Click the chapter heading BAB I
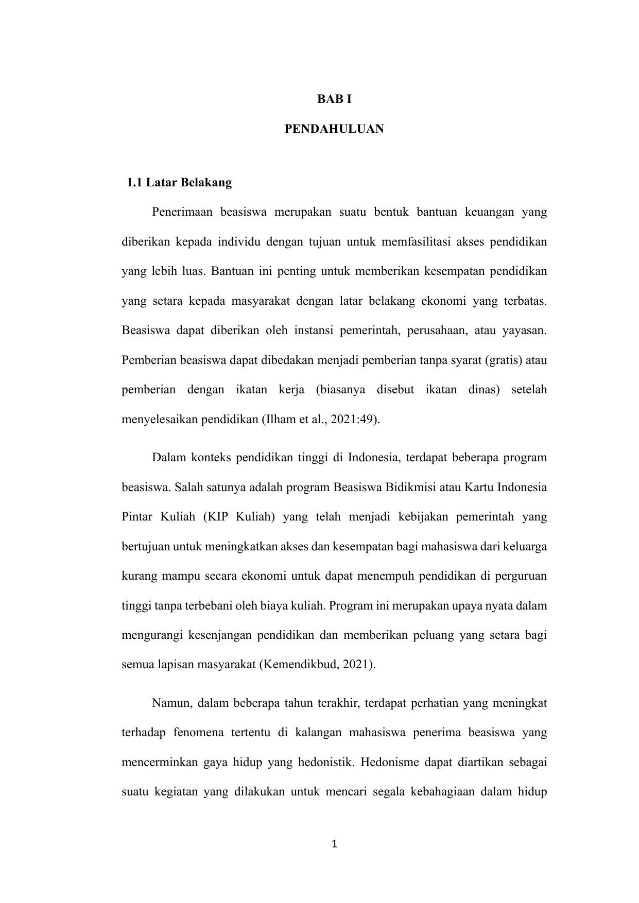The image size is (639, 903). (x=334, y=99)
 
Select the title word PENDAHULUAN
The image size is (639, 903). (x=334, y=129)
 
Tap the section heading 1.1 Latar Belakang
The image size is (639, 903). (x=179, y=183)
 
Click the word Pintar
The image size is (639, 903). (x=136, y=516)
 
